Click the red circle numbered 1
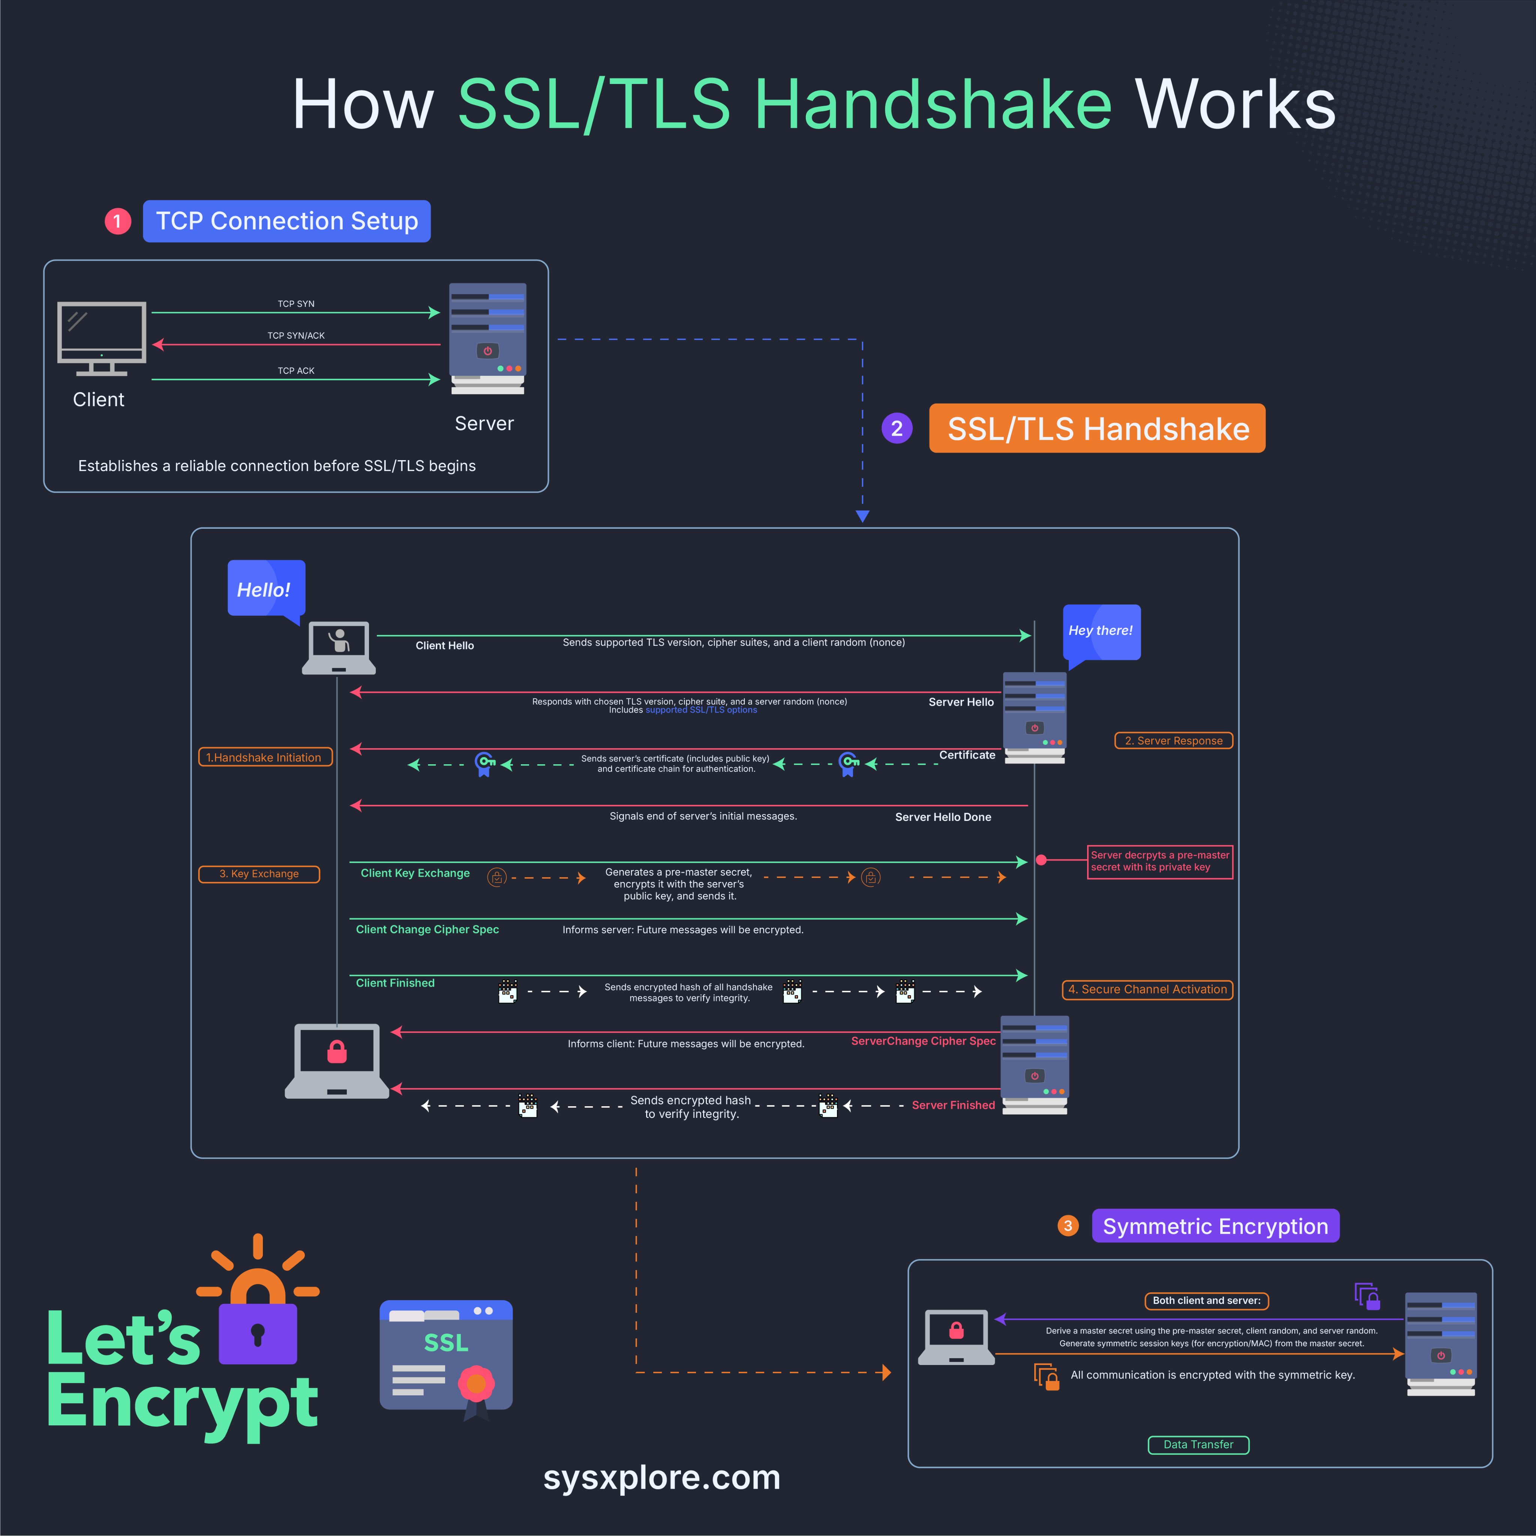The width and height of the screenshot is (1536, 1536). tap(118, 221)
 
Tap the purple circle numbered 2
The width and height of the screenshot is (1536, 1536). tap(897, 429)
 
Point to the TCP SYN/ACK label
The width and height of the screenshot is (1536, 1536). tap(296, 336)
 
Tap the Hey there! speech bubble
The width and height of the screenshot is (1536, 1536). tap(1101, 631)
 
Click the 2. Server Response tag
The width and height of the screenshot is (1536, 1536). tap(1173, 740)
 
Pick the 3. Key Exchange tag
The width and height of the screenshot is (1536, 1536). tap(259, 874)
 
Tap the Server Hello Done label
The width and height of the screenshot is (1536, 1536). tap(943, 817)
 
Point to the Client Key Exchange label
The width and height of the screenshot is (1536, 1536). tap(415, 873)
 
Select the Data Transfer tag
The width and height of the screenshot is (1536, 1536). tap(1198, 1444)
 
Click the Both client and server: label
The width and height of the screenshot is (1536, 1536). tap(1206, 1300)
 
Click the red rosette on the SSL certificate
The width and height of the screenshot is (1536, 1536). tap(476, 1384)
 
